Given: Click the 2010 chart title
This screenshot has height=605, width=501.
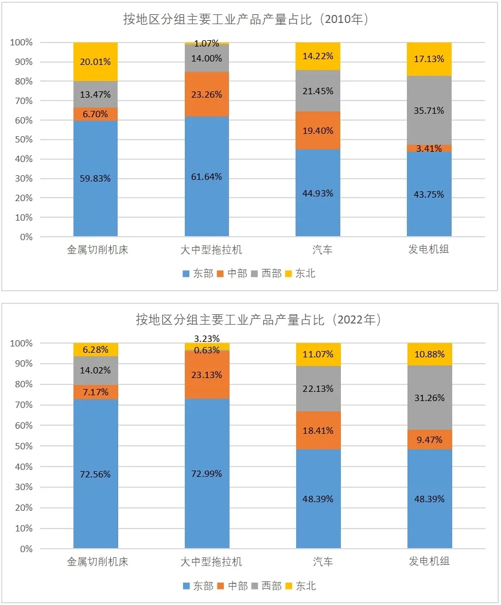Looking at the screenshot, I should point(246,20).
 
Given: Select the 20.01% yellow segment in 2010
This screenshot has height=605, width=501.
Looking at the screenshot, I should point(96,61).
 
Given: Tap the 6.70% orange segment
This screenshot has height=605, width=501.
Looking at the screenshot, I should point(96,114).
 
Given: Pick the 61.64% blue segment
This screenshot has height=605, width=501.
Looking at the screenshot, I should point(207,177).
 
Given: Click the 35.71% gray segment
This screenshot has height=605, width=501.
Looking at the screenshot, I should point(429,110).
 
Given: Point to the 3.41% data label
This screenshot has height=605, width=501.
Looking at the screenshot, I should point(429,148).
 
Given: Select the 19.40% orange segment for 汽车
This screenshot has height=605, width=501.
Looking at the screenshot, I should point(318,130).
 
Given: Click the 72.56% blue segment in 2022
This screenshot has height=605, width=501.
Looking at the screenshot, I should point(96,474).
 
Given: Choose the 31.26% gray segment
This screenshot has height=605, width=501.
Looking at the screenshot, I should point(430,398).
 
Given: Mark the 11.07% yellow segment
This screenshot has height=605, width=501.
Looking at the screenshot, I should point(319,354).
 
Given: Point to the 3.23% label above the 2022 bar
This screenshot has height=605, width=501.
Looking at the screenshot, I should point(207,338).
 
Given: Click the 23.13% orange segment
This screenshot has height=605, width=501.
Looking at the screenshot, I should point(207,375).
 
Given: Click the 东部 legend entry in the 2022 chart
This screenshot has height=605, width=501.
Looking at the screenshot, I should point(198,586).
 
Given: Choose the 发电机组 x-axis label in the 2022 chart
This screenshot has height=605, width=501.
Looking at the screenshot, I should point(429,561).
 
